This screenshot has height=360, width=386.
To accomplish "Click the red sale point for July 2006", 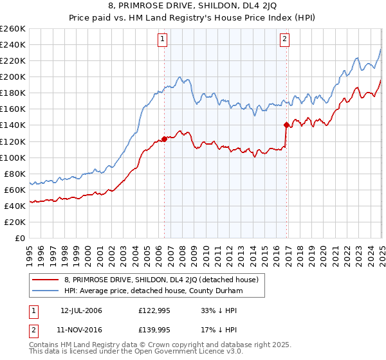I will point(164,138).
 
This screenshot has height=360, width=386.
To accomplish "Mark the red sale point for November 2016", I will point(286,125).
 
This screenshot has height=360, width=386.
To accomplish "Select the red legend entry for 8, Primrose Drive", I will point(161,280).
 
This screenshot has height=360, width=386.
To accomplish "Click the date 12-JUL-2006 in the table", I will point(81,310).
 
